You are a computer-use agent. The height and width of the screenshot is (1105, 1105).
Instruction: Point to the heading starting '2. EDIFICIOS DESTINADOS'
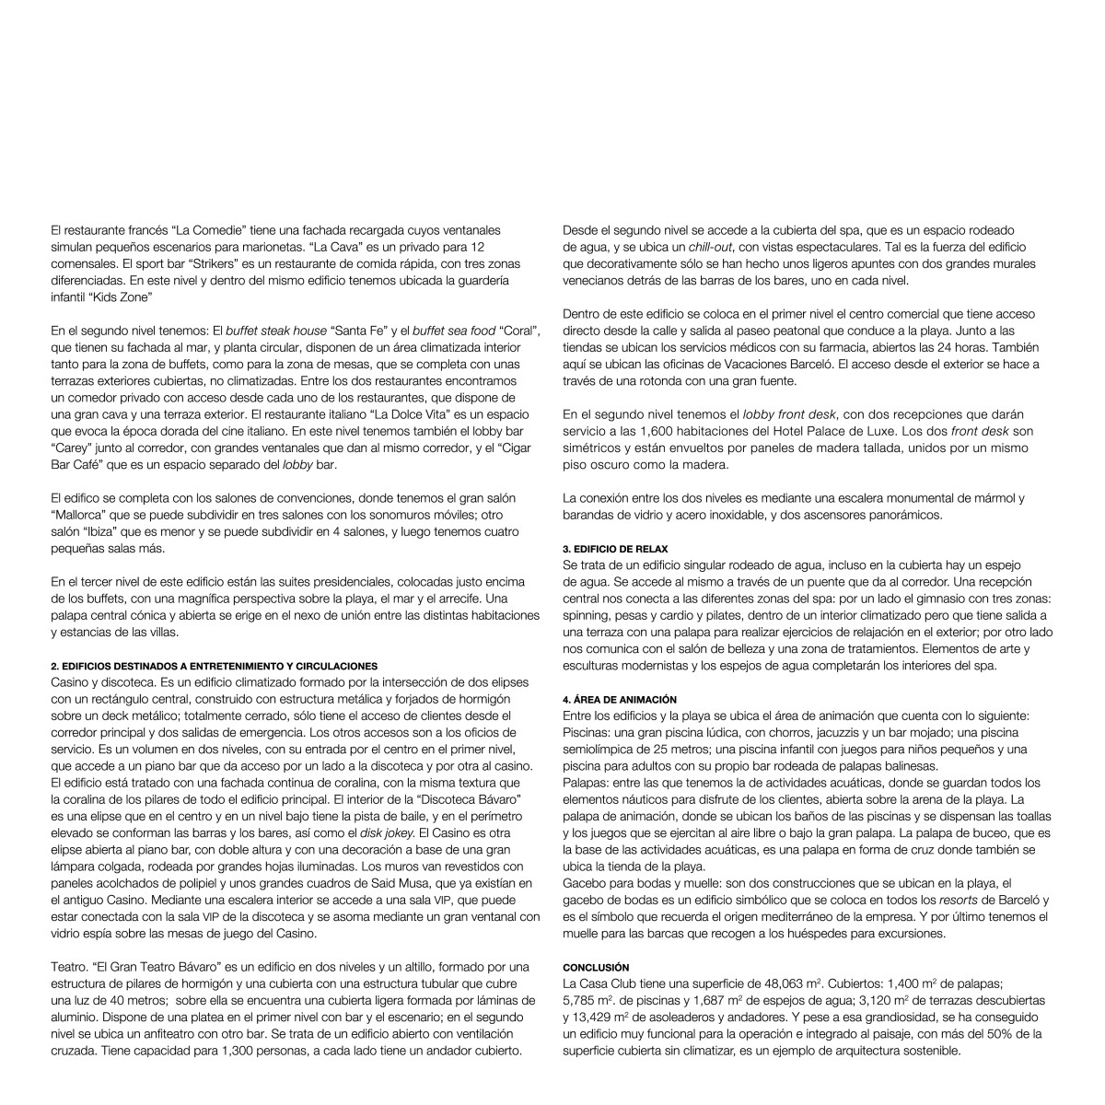(214, 666)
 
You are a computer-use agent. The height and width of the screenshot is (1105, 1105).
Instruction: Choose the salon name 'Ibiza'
(104, 532)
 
